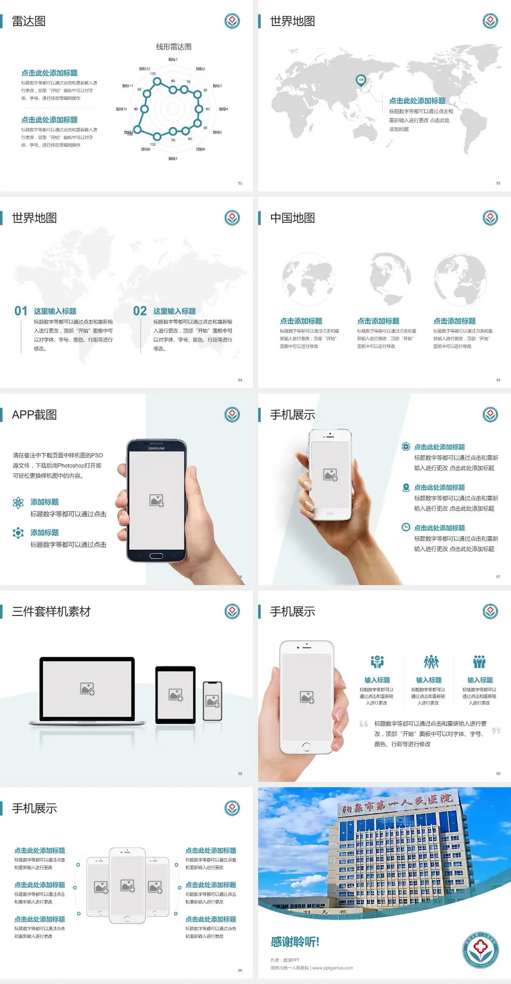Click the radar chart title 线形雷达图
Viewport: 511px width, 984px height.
[174, 47]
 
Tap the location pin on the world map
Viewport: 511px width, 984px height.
[360, 80]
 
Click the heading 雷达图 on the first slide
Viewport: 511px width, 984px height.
[29, 21]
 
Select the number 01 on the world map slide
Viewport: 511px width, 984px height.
[21, 311]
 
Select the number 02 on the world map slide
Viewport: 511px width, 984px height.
[140, 311]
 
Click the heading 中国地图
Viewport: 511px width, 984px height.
[292, 218]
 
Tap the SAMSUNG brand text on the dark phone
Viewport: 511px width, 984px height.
[156, 448]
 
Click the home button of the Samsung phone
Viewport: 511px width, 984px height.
[156, 556]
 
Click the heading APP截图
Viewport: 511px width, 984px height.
[34, 415]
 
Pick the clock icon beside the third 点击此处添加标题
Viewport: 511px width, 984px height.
[406, 527]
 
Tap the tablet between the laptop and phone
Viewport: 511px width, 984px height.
[176, 695]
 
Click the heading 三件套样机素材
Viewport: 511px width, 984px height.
[51, 612]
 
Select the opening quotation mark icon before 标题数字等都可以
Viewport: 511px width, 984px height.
[364, 724]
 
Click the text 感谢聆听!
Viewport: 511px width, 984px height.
[295, 942]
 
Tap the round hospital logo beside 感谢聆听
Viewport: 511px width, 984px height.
[480, 950]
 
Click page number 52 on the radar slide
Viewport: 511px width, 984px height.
[240, 183]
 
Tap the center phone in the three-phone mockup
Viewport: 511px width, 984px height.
[127, 885]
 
